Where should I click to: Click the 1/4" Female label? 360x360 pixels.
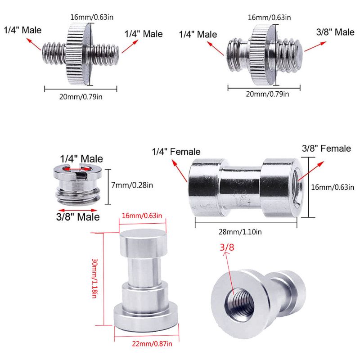click(176, 152)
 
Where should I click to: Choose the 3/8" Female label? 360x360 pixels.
click(326, 148)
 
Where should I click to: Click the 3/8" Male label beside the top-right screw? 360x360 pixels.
click(335, 32)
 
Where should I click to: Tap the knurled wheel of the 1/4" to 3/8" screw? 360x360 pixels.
click(263, 53)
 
